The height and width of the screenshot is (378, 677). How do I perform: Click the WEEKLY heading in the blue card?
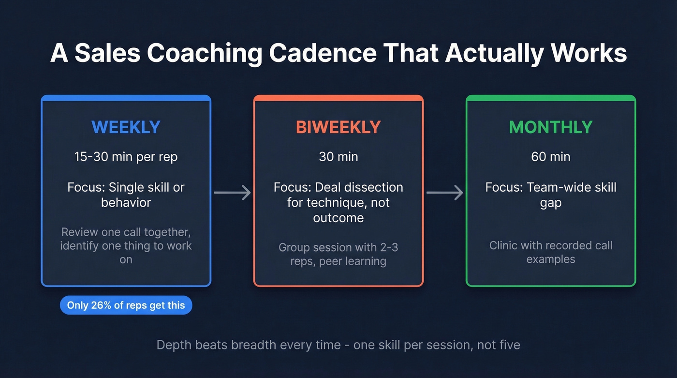coord(126,127)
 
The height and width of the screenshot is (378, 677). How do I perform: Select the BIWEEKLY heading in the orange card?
coord(338,127)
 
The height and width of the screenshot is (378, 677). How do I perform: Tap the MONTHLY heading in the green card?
coord(551,127)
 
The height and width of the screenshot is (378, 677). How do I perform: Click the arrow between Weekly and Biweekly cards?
coord(232,193)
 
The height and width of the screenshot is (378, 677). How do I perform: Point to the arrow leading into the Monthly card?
coord(444,193)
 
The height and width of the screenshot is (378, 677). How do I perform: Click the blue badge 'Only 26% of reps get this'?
coord(126,305)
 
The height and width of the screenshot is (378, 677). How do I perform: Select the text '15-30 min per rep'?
coord(126,157)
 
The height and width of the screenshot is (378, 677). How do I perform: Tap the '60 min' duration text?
coord(551,157)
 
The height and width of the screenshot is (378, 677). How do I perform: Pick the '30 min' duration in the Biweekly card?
coord(338,157)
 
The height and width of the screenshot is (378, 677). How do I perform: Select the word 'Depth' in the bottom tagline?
coord(173,345)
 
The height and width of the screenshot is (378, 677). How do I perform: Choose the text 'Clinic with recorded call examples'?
coord(551,252)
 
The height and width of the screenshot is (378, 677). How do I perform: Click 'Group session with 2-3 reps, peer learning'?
coord(338,254)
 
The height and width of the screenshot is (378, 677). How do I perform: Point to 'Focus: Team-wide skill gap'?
coord(551,195)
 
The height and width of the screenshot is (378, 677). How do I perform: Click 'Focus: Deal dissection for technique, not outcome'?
coord(338,202)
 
